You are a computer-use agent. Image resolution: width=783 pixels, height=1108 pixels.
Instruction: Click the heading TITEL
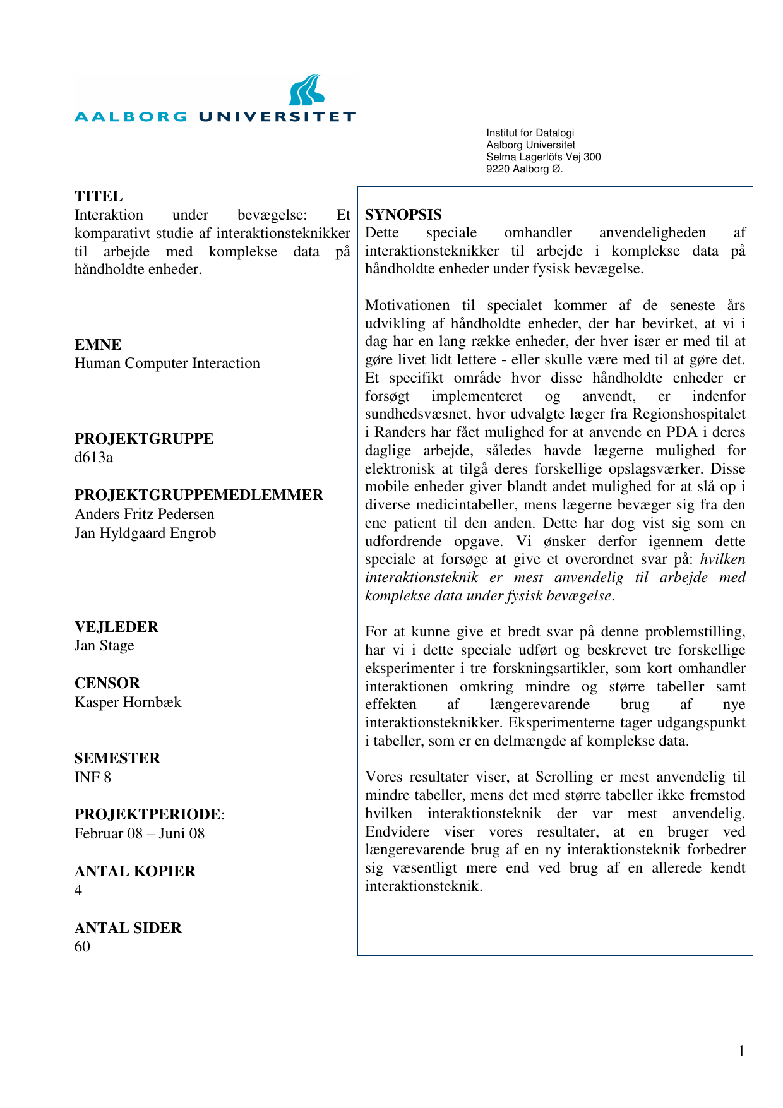tap(99, 196)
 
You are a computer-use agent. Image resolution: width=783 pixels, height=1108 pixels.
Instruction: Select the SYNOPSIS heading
tap(403, 215)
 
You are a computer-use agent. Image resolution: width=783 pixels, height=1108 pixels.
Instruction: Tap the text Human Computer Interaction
tap(167, 364)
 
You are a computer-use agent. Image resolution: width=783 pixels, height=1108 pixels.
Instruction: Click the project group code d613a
tap(93, 458)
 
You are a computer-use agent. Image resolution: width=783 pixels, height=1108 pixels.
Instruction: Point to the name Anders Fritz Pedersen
tap(144, 515)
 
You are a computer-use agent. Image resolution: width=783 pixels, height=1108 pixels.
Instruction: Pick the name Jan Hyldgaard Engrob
tap(145, 533)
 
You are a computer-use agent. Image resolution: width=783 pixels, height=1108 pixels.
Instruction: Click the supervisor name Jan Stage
tap(104, 646)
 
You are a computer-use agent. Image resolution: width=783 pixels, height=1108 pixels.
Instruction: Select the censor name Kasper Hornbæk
tap(128, 703)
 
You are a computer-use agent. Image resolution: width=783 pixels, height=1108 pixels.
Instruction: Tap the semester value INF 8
tap(92, 778)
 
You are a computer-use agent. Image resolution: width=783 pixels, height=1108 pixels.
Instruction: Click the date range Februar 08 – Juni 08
tap(140, 834)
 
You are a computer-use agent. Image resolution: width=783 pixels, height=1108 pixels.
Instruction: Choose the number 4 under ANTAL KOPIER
tap(78, 891)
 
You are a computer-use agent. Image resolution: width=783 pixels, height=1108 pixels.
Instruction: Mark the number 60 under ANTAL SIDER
tap(82, 947)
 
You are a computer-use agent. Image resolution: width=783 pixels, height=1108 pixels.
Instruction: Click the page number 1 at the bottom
tap(741, 1051)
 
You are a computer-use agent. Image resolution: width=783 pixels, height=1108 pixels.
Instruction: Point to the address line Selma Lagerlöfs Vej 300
tap(543, 157)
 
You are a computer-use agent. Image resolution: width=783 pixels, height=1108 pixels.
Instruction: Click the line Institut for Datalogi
tap(530, 133)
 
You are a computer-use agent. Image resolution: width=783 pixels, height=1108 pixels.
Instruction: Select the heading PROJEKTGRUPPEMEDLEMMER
tap(198, 496)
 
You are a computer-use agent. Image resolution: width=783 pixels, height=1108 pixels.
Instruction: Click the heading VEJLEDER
tap(116, 627)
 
